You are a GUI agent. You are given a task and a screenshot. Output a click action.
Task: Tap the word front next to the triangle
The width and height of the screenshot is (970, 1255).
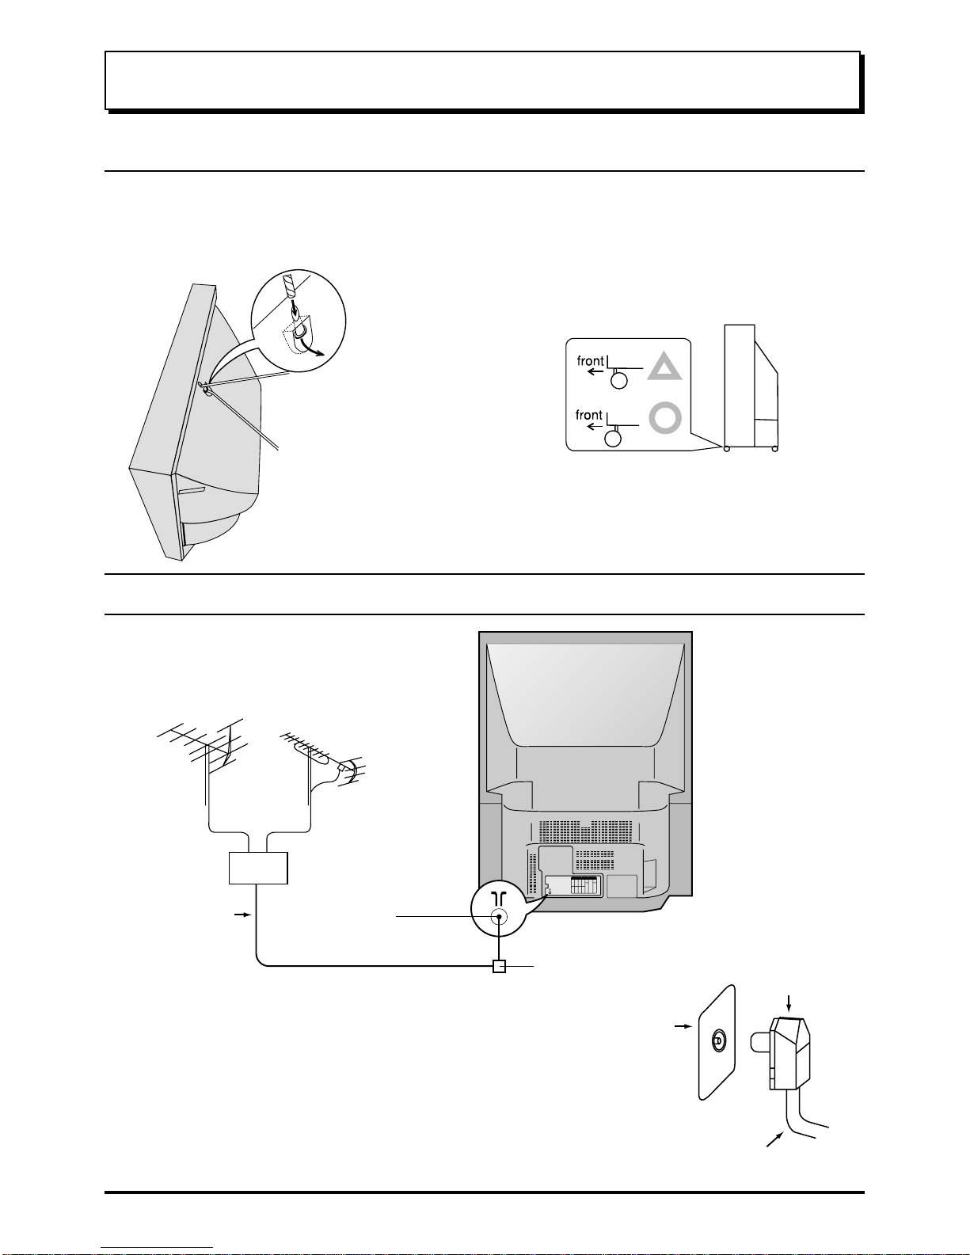(590, 361)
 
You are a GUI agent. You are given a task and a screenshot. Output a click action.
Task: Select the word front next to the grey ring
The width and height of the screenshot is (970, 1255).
(588, 415)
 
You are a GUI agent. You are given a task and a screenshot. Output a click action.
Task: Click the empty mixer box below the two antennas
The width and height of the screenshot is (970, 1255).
(258, 868)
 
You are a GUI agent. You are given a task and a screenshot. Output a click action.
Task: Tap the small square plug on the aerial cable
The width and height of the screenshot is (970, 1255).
(499, 966)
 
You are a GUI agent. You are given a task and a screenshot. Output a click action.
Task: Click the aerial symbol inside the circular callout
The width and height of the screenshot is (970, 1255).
(499, 898)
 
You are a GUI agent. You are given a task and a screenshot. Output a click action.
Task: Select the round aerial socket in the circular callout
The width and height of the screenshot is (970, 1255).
(499, 917)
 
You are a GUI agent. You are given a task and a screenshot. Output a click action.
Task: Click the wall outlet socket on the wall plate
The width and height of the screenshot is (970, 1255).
(719, 1040)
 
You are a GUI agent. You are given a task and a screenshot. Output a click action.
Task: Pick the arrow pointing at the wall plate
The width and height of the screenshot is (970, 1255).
(683, 1026)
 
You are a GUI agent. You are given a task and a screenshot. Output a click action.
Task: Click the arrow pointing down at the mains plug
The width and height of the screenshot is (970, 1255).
(789, 1003)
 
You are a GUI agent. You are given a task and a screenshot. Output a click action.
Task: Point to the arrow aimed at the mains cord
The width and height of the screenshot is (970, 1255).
(775, 1139)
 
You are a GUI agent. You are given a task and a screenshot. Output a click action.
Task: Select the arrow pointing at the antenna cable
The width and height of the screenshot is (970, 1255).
(243, 915)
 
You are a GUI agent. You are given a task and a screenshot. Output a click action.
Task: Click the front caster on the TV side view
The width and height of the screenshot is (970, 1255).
(726, 449)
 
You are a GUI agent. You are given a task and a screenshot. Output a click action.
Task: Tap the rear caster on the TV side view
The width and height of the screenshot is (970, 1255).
(775, 449)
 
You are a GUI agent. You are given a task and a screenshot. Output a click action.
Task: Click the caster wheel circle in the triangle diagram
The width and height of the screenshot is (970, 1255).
(619, 381)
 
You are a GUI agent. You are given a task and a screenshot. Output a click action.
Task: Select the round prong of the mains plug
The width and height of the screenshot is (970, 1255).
(759, 1043)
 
